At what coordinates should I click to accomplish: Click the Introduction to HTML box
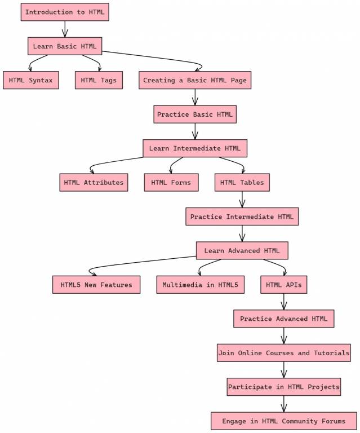[65, 12]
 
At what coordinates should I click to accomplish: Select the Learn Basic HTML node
[65, 46]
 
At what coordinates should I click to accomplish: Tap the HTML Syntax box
[30, 80]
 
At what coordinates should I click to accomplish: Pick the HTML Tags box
[99, 80]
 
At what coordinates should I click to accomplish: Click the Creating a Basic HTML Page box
[194, 80]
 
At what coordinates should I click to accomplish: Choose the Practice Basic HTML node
[194, 114]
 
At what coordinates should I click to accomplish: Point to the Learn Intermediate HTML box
[194, 148]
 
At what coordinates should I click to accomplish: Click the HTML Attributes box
[94, 182]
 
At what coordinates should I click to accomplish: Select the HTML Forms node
[171, 182]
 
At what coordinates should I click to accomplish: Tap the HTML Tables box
[242, 182]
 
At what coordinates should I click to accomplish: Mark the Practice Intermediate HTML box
[242, 216]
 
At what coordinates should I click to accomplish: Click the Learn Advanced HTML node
[242, 250]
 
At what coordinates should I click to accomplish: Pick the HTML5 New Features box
[96, 285]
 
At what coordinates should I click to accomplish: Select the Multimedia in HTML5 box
[200, 285]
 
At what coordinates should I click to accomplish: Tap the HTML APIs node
[283, 285]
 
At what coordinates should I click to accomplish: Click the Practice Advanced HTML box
[283, 319]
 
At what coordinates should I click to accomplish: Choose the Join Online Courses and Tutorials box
[283, 353]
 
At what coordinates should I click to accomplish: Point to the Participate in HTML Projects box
[283, 387]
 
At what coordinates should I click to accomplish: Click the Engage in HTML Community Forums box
[283, 421]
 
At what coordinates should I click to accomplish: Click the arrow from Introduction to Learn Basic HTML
[65, 29]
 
